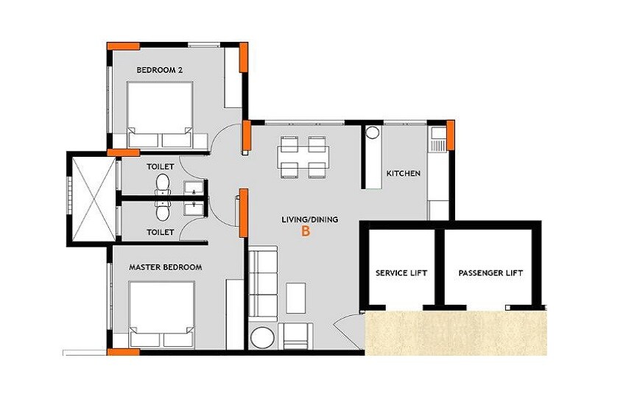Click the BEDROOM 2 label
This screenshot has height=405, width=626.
click(159, 70)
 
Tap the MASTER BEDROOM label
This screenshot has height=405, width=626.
click(165, 267)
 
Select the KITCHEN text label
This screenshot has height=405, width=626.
click(403, 174)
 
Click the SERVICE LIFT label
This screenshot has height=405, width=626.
click(401, 273)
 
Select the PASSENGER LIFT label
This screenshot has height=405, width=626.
click(490, 273)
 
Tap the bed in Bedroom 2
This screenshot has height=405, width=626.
click(160, 115)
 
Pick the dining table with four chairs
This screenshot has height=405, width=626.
click(303, 157)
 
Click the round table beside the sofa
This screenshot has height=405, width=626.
click(263, 338)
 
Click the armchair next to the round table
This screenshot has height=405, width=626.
click(297, 336)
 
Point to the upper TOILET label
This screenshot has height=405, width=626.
click(160, 167)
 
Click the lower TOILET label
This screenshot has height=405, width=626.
click(160, 232)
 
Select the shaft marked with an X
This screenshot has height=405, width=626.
click(92, 198)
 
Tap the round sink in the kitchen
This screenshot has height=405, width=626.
click(373, 134)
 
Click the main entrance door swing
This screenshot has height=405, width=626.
click(346, 329)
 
